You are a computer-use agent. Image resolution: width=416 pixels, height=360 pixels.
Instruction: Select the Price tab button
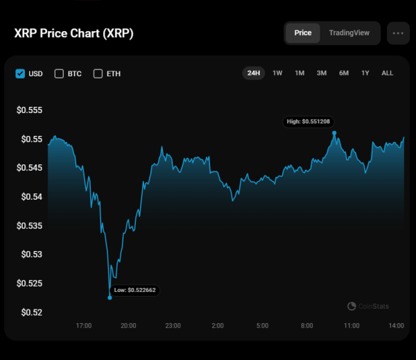coord(303,33)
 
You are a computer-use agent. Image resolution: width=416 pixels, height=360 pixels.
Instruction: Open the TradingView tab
coord(349,33)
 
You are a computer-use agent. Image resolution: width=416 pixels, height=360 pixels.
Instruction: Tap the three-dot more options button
coord(398,33)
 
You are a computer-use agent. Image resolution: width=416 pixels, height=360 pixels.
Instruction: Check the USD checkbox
coord(20,74)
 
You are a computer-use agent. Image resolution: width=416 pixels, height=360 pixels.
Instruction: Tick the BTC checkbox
coord(59,74)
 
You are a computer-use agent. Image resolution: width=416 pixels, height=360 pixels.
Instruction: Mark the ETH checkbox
coord(98,74)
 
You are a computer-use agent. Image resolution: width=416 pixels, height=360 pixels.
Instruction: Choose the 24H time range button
coord(254,73)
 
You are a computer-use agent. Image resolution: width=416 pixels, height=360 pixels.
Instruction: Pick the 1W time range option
coord(277,73)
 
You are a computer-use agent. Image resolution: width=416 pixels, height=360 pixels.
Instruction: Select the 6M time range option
coord(344,73)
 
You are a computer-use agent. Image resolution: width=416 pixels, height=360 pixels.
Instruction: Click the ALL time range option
coord(388,73)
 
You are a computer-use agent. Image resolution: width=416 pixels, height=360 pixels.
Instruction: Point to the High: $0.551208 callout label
coord(312,121)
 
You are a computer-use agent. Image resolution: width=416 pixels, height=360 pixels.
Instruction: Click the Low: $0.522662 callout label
coord(135,290)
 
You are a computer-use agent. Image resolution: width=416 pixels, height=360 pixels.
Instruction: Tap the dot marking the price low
coord(110,298)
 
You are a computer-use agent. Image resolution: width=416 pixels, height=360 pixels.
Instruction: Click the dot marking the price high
coord(334,132)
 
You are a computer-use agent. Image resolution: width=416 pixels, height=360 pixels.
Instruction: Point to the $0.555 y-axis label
coord(30,110)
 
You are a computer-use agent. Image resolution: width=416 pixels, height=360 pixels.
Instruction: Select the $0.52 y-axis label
coord(32,312)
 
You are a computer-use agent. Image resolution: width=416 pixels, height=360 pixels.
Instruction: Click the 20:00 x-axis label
coord(128,325)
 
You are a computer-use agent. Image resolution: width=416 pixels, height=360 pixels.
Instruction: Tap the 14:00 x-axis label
coord(396,325)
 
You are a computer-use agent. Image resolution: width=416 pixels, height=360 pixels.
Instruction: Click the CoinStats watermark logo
coord(367,306)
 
